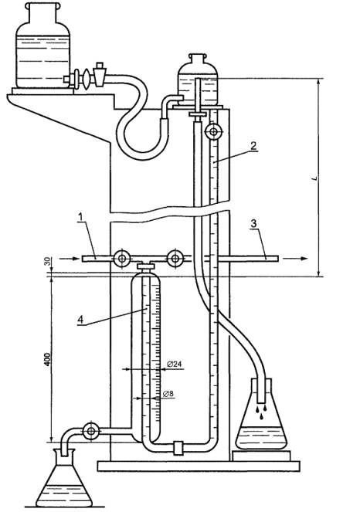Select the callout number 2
pos(254,145)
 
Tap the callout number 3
pos(254,224)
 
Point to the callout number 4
pos(80,320)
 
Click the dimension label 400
pos(48,359)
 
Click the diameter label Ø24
pos(174,364)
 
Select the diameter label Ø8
pos(168,394)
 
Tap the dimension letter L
pos(314,178)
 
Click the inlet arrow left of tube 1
pos(70,259)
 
